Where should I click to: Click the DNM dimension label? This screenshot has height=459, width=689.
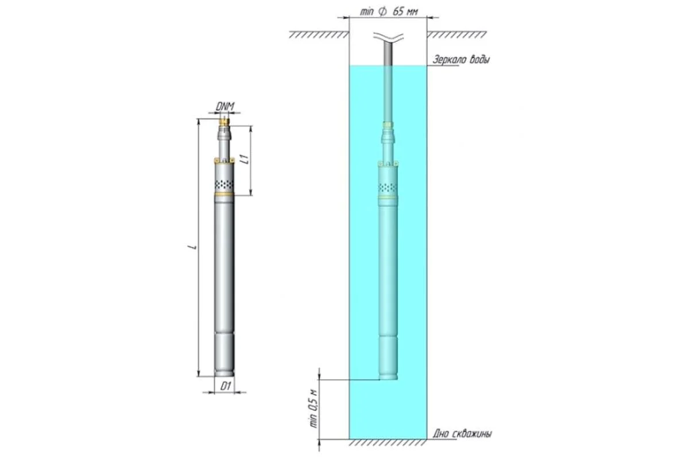(225, 106)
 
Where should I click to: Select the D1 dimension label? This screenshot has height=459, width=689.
(226, 386)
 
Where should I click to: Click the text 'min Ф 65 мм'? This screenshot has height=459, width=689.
(389, 11)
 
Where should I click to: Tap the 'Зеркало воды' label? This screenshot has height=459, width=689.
(460, 59)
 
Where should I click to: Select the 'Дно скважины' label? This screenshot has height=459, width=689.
(462, 434)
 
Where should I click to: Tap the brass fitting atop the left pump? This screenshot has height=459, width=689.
(224, 122)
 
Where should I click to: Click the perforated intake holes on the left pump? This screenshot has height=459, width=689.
(224, 185)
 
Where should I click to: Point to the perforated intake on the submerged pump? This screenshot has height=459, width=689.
(388, 188)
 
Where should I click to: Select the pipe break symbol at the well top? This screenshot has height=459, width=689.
(389, 37)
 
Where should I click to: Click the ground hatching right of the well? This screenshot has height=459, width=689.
(456, 35)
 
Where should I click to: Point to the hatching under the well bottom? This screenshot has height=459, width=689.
(388, 442)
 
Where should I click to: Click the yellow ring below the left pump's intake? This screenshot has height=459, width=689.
(224, 194)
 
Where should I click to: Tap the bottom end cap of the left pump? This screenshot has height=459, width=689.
(224, 373)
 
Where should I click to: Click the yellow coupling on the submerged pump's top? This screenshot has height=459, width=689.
(388, 125)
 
